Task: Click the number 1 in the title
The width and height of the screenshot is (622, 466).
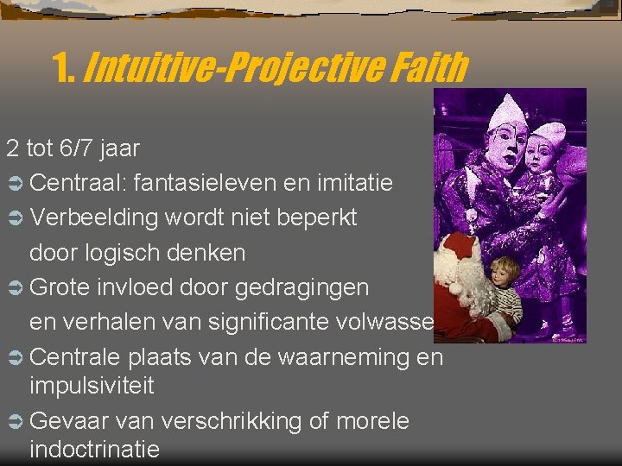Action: (62, 67)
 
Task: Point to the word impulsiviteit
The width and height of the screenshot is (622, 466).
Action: (92, 386)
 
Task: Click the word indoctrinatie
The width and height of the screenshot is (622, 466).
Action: (95, 449)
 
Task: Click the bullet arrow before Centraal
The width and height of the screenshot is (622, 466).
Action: (16, 184)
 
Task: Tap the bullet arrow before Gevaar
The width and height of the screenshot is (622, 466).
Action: (16, 422)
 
